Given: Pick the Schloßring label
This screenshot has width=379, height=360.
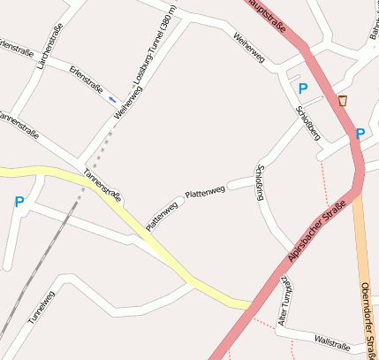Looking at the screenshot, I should pyautogui.click(x=259, y=182).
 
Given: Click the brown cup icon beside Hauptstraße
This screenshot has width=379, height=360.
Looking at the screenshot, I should pyautogui.click(x=343, y=101).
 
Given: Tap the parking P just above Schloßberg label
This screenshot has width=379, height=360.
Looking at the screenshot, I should pyautogui.click(x=302, y=88).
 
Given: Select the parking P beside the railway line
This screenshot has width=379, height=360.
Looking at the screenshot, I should pyautogui.click(x=19, y=203).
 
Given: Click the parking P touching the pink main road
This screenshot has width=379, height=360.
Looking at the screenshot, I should pyautogui.click(x=359, y=134).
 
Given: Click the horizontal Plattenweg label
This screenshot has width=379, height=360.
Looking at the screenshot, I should pyautogui.click(x=205, y=190).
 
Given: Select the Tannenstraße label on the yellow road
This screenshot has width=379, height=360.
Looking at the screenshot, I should pyautogui.click(x=102, y=184).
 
